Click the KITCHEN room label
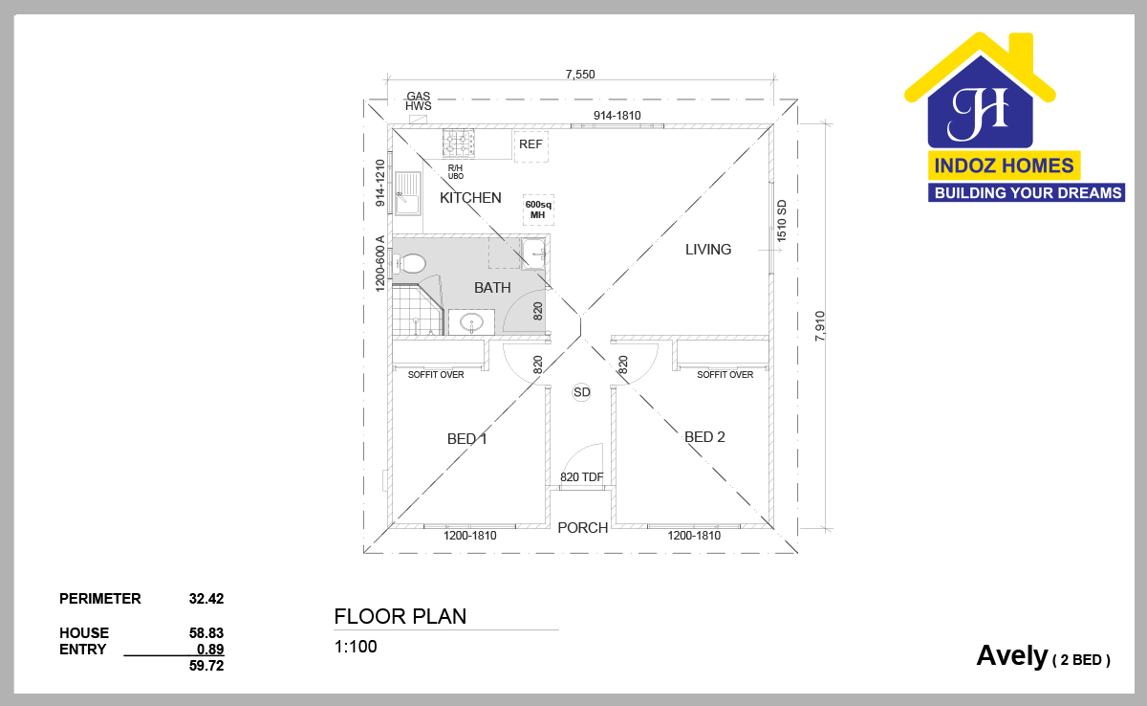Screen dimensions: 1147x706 coord(470,198)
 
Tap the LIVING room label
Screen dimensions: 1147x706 coord(708,250)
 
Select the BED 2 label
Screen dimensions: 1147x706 coord(704,437)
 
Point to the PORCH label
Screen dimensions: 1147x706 coord(583,528)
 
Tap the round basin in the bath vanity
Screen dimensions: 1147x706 coord(471,322)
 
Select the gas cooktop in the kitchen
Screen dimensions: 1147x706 coord(458,143)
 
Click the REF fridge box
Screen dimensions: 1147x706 coord(531,146)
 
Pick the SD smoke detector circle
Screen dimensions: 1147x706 coord(582,392)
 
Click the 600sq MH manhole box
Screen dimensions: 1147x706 coord(538,210)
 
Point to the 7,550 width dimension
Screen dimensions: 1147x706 coord(580,75)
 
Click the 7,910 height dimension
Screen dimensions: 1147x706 coord(820,326)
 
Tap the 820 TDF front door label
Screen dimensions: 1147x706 coord(582,477)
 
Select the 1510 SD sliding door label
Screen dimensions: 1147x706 coord(782,221)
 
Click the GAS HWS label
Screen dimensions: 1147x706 coord(419,101)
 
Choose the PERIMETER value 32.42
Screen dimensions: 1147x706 coord(206,599)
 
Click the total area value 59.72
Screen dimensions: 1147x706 coord(206,666)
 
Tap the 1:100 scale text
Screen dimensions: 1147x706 coord(356,647)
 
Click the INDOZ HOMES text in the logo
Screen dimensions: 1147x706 coord(1005,165)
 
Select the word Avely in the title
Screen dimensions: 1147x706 coord(1012,657)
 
